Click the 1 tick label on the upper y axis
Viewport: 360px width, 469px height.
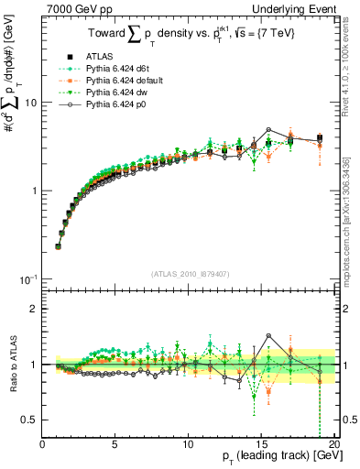pyautogui.click(x=35, y=191)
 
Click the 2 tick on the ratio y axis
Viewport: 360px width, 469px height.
pyautogui.click(x=35, y=309)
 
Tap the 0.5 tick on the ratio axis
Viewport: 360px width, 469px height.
pyautogui.click(x=30, y=420)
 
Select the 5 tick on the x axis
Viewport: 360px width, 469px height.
pyautogui.click(x=115, y=444)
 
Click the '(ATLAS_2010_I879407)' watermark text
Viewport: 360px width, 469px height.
pyautogui.click(x=189, y=272)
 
